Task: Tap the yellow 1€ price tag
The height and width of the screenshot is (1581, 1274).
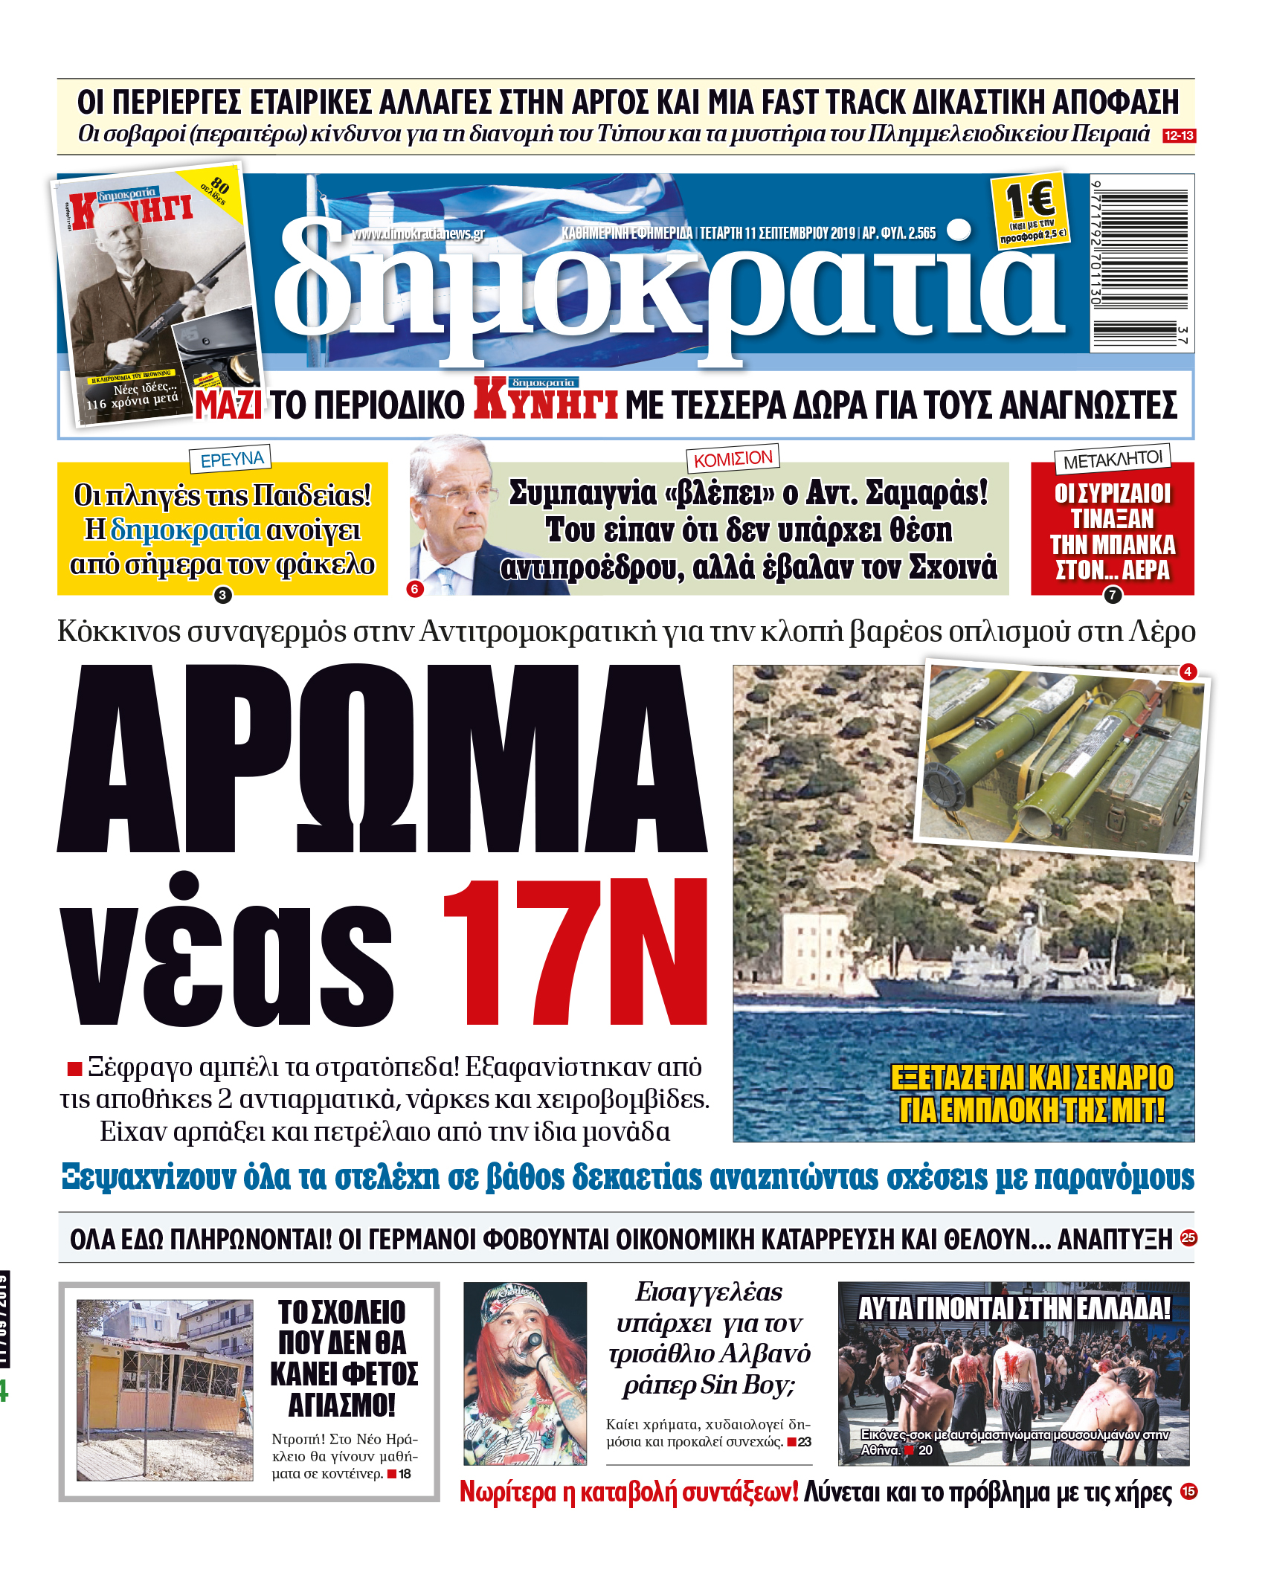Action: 1030,209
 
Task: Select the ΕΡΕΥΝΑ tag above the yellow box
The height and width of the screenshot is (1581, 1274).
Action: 231,458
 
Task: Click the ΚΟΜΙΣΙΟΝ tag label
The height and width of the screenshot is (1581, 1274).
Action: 733,458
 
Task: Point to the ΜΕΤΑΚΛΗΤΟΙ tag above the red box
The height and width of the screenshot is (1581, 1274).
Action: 1113,460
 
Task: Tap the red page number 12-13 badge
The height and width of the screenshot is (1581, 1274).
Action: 1179,135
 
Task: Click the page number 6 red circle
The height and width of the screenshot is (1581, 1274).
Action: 415,589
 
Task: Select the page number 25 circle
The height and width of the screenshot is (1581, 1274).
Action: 1188,1237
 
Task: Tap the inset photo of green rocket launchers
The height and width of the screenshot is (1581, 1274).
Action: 1060,759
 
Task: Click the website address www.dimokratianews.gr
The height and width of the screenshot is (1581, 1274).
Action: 418,234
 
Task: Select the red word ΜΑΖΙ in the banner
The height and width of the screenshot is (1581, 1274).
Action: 228,406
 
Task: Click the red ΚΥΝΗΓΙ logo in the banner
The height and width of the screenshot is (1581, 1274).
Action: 545,402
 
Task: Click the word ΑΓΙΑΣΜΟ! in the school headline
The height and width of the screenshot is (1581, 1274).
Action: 342,1405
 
